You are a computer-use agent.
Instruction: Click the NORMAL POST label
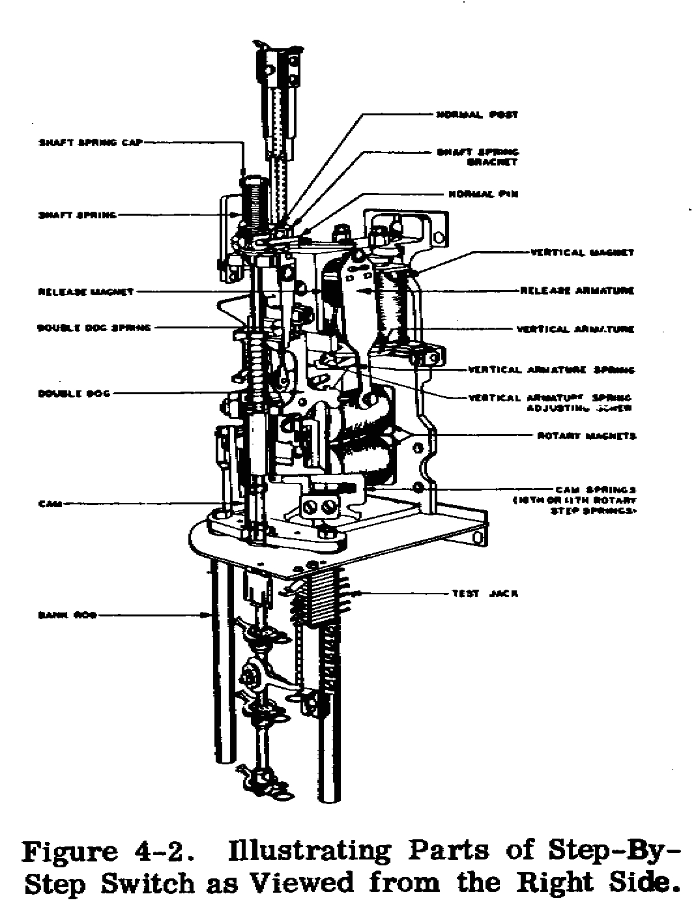point(477,115)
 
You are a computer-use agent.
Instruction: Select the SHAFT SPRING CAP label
point(89,142)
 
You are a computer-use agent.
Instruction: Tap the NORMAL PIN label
point(483,194)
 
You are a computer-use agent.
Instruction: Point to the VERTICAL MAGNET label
point(582,253)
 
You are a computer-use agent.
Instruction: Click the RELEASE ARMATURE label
point(577,291)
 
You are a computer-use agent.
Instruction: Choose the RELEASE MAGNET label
point(86,292)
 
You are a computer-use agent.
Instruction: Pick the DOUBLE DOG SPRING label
point(94,328)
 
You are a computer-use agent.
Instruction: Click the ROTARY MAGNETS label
point(587,436)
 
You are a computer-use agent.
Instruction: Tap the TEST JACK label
point(485,594)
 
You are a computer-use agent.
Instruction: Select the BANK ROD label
point(67,614)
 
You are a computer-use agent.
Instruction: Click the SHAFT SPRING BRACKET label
point(477,157)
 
